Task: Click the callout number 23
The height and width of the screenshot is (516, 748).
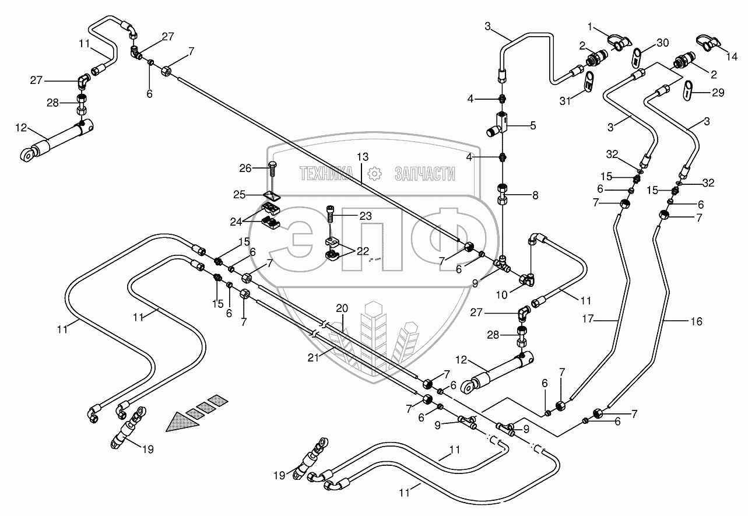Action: (x=364, y=216)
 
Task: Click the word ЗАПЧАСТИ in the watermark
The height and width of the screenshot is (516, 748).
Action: (x=424, y=173)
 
